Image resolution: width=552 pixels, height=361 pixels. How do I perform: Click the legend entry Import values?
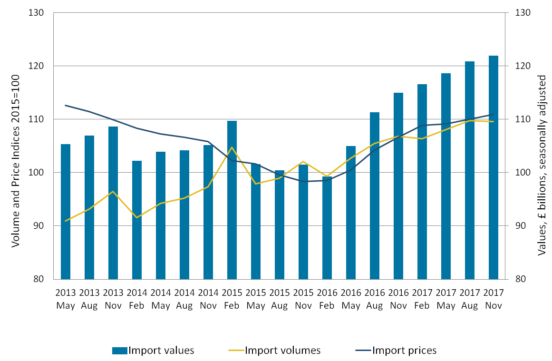[x=153, y=351]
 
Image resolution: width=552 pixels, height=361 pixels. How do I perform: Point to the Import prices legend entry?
[x=396, y=351]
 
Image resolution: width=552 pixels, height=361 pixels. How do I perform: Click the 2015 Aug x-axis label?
[x=280, y=298]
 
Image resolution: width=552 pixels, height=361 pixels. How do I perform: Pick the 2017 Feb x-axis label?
[x=422, y=298]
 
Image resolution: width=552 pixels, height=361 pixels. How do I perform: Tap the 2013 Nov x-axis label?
[x=113, y=298]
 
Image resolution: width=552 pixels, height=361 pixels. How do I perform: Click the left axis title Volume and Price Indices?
[x=15, y=160]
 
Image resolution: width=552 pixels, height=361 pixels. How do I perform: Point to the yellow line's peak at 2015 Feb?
[x=232, y=147]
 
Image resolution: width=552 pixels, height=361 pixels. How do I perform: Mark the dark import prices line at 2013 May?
[x=66, y=105]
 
